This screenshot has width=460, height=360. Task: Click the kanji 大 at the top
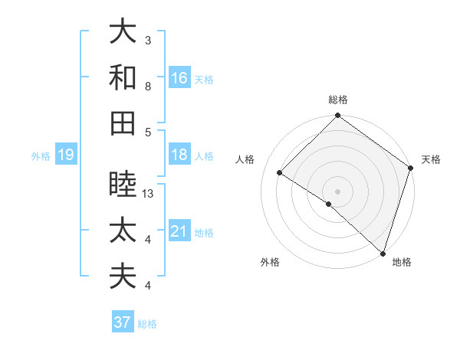(x=123, y=33)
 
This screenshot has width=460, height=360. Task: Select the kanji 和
(x=123, y=77)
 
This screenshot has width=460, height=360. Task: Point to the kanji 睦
(x=123, y=185)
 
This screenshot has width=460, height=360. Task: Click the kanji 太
(x=123, y=231)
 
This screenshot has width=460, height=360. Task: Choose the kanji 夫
(x=123, y=275)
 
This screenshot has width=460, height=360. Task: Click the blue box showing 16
(x=179, y=78)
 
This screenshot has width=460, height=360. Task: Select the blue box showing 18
(x=179, y=155)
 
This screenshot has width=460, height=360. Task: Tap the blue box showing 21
(x=179, y=231)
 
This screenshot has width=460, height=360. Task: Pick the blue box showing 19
(x=65, y=155)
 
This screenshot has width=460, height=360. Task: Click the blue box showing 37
(x=123, y=322)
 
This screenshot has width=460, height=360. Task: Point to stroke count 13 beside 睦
(x=149, y=194)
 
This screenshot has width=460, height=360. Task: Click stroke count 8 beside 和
(x=148, y=87)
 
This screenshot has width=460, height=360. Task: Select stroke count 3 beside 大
(x=148, y=40)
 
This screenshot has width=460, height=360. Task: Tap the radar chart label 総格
(x=337, y=100)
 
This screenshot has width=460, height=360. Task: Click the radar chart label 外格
(x=270, y=263)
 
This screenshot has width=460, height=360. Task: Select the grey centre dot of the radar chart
(x=337, y=191)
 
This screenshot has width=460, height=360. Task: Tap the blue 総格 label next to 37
(x=147, y=324)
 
